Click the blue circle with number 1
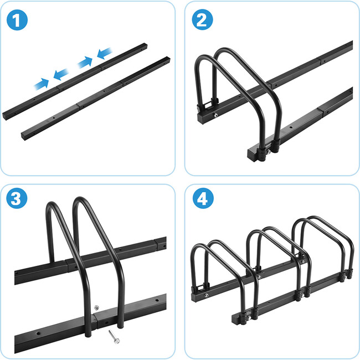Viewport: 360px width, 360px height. tap(17, 20)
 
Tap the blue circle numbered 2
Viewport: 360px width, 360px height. tap(202, 19)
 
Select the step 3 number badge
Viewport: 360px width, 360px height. tap(17, 198)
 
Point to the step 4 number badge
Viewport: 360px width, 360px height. tap(203, 198)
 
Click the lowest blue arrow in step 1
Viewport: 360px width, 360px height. tap(42, 84)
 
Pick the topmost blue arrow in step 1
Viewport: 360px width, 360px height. tap(105, 53)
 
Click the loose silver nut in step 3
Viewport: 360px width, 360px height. tap(97, 307)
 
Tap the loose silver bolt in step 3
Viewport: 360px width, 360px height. tap(114, 337)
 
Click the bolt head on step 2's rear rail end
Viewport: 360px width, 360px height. tap(215, 115)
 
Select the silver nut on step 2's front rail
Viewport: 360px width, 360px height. tap(268, 152)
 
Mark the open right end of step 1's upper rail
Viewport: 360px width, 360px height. tap(145, 45)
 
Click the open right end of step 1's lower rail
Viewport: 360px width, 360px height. tap(168, 59)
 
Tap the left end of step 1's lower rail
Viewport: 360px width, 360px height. tap(23, 136)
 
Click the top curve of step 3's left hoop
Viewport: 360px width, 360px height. tap(52, 204)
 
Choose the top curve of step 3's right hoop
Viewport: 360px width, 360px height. tap(79, 199)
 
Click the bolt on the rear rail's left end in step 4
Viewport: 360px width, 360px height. tap(207, 295)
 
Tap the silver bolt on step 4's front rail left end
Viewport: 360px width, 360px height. tap(249, 318)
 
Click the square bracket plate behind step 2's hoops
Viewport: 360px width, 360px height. tap(208, 105)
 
